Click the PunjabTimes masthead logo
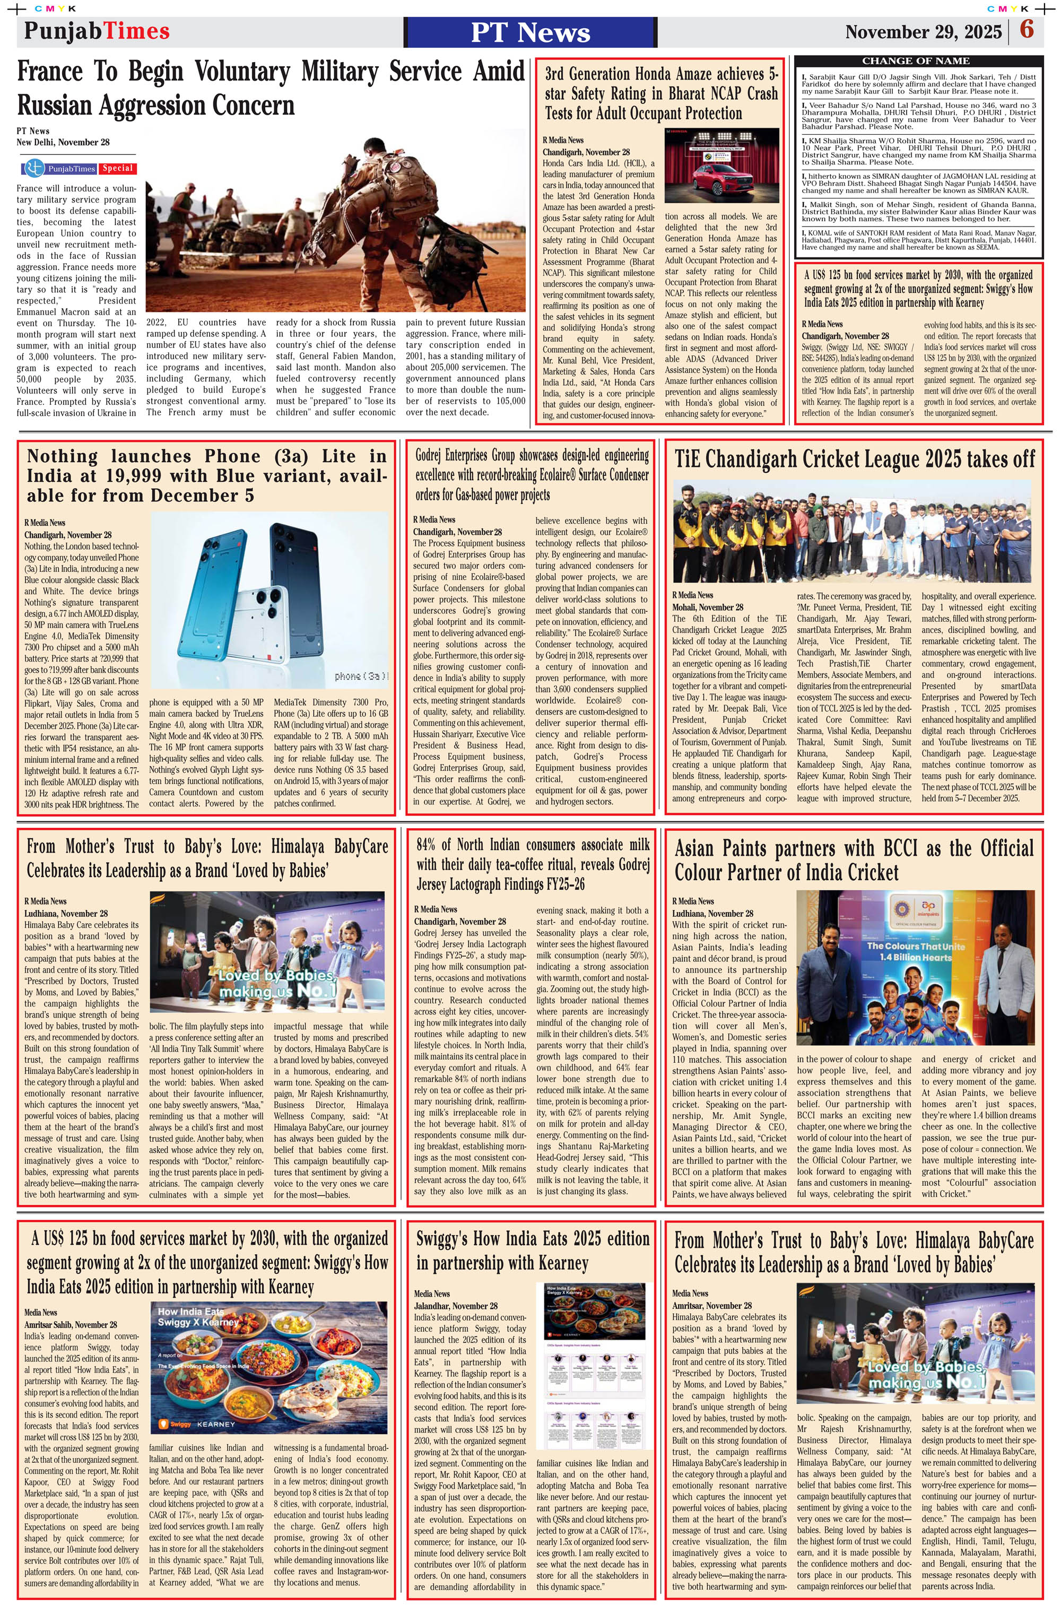point(97,31)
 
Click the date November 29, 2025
point(923,32)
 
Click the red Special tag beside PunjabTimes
point(118,168)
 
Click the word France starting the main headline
point(49,72)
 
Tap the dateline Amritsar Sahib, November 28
point(70,1324)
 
